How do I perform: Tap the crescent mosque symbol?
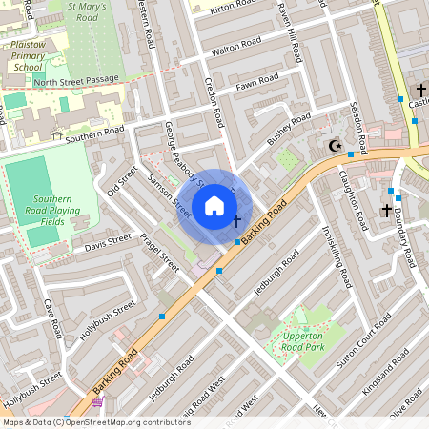pyautogui.click(x=334, y=146)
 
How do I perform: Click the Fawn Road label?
pyautogui.click(x=256, y=84)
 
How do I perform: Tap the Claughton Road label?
pyautogui.click(x=352, y=201)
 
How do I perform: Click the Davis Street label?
pyautogui.click(x=107, y=245)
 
